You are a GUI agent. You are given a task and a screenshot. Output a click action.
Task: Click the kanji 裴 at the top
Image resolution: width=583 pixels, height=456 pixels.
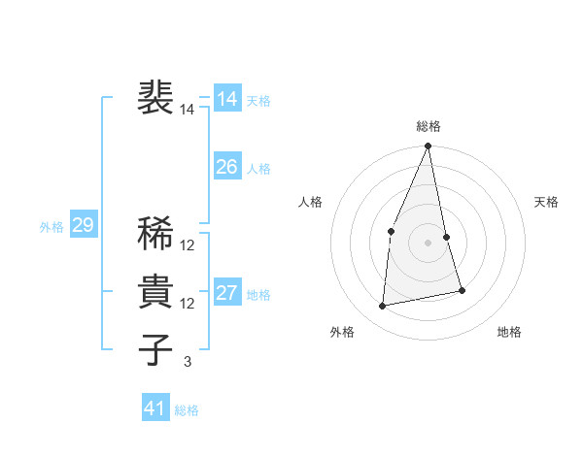[x=155, y=98]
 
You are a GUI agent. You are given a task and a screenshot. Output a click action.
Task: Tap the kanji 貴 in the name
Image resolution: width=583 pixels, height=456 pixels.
[x=155, y=291]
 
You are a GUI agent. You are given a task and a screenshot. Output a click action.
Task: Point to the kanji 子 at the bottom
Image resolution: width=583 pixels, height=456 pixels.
[x=155, y=350]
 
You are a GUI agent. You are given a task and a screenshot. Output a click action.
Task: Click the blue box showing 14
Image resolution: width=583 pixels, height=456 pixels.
[x=227, y=100]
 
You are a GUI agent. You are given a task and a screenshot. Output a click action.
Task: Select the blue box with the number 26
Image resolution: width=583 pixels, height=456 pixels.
[x=227, y=167]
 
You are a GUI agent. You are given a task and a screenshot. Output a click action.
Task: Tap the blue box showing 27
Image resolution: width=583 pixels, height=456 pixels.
[x=227, y=293]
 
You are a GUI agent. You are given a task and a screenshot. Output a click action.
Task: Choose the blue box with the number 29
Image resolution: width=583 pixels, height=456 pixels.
[x=83, y=226]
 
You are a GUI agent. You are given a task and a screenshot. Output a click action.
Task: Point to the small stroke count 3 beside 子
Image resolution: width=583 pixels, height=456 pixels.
[x=188, y=362]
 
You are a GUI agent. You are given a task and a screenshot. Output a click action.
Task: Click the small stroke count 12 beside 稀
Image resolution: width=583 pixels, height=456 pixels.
[x=188, y=244]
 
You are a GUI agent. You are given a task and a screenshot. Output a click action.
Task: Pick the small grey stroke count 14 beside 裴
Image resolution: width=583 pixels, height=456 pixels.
[x=188, y=110]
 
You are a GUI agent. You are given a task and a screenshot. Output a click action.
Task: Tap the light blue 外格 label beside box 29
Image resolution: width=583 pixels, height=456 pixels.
[x=51, y=227]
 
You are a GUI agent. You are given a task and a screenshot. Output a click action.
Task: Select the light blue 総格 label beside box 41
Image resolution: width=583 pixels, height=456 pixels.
[x=187, y=410]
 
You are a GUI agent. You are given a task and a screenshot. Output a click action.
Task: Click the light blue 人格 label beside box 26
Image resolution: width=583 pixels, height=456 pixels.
[x=258, y=169]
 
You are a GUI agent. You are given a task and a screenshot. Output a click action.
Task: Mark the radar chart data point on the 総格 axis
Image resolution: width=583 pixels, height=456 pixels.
[x=428, y=147]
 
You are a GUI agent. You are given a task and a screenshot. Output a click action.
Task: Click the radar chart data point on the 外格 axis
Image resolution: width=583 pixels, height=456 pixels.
[x=383, y=306]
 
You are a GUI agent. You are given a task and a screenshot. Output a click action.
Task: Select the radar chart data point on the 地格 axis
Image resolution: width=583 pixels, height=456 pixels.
[x=462, y=290]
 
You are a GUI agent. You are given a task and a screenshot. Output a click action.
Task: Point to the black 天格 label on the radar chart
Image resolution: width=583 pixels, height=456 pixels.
[x=547, y=202]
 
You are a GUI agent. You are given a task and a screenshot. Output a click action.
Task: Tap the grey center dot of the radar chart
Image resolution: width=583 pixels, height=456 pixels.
[x=428, y=243]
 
